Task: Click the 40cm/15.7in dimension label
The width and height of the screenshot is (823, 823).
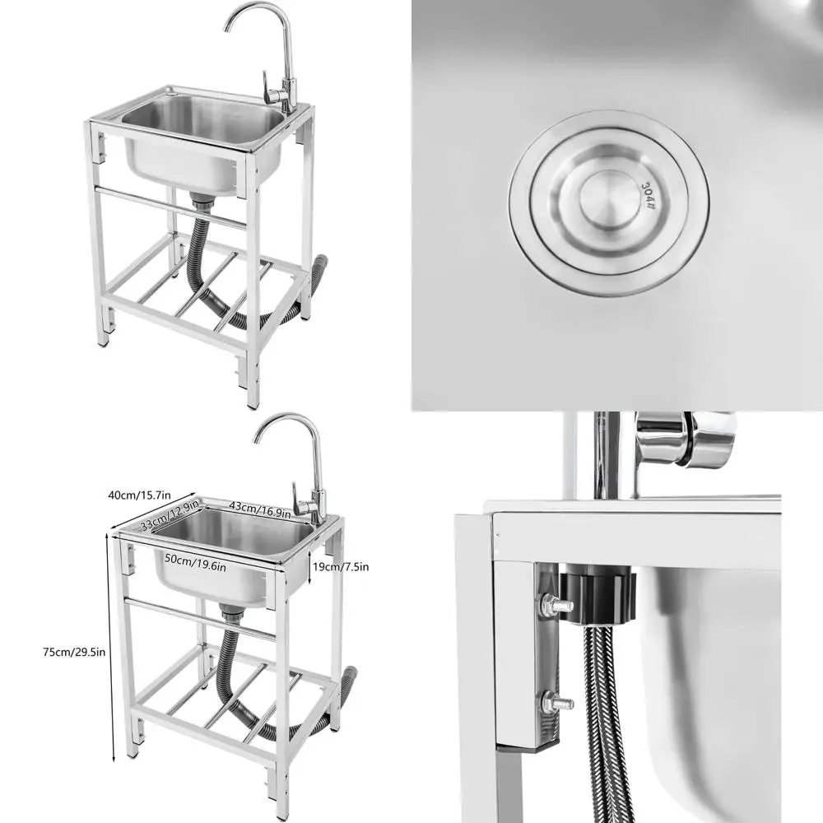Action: pyautogui.click(x=139, y=495)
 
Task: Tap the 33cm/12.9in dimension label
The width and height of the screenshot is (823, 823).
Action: pyautogui.click(x=173, y=518)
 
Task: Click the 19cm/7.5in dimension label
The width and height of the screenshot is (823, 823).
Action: pyautogui.click(x=341, y=566)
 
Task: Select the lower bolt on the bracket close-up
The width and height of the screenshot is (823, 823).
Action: pyautogui.click(x=557, y=704)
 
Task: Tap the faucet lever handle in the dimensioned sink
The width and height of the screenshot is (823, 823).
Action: pyautogui.click(x=300, y=506)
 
